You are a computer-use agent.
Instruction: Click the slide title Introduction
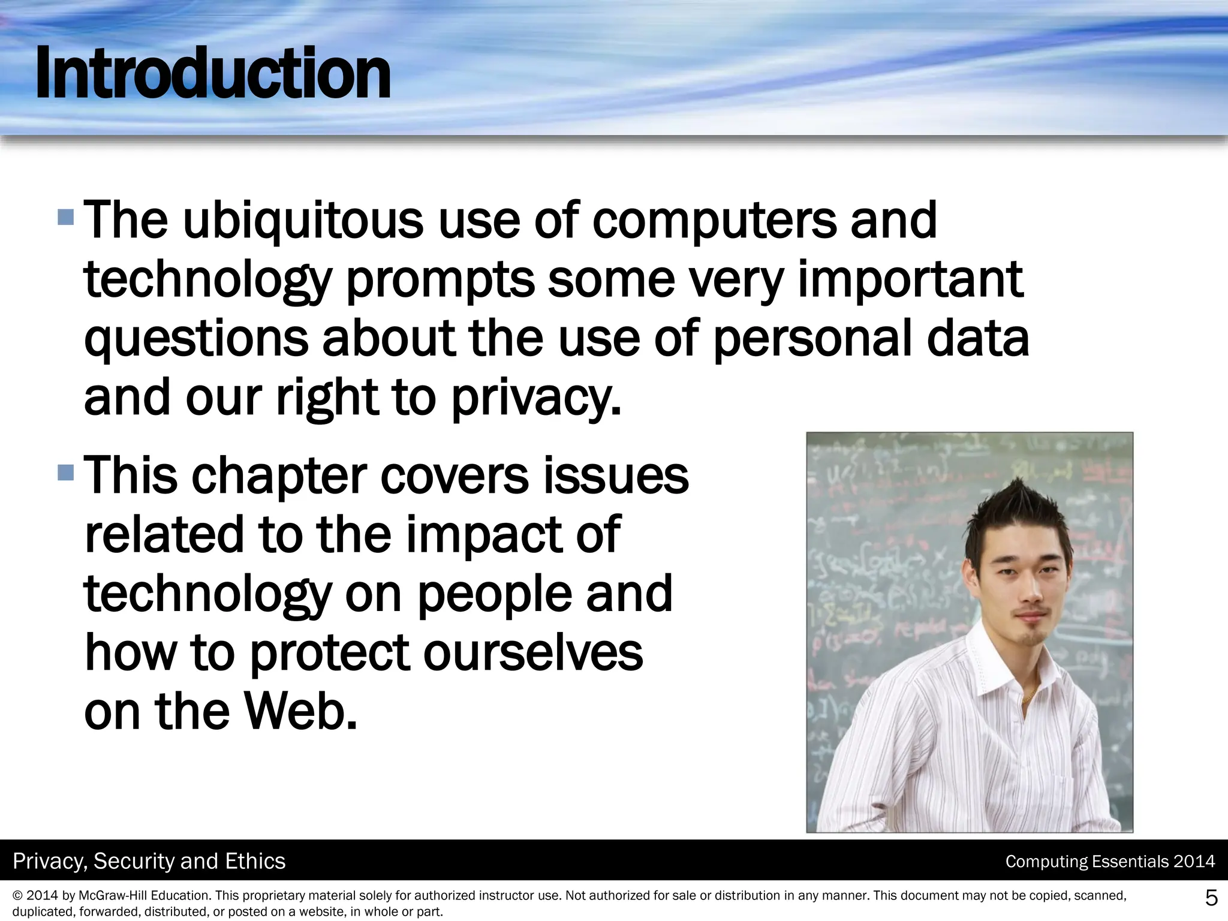[x=212, y=75]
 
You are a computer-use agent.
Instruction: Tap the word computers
[x=713, y=220]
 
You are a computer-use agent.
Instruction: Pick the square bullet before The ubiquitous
[x=66, y=216]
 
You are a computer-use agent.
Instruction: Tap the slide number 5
[x=1211, y=898]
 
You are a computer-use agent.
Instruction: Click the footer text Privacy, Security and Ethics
[x=149, y=861]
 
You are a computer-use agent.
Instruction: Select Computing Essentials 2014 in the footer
[x=1110, y=862]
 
